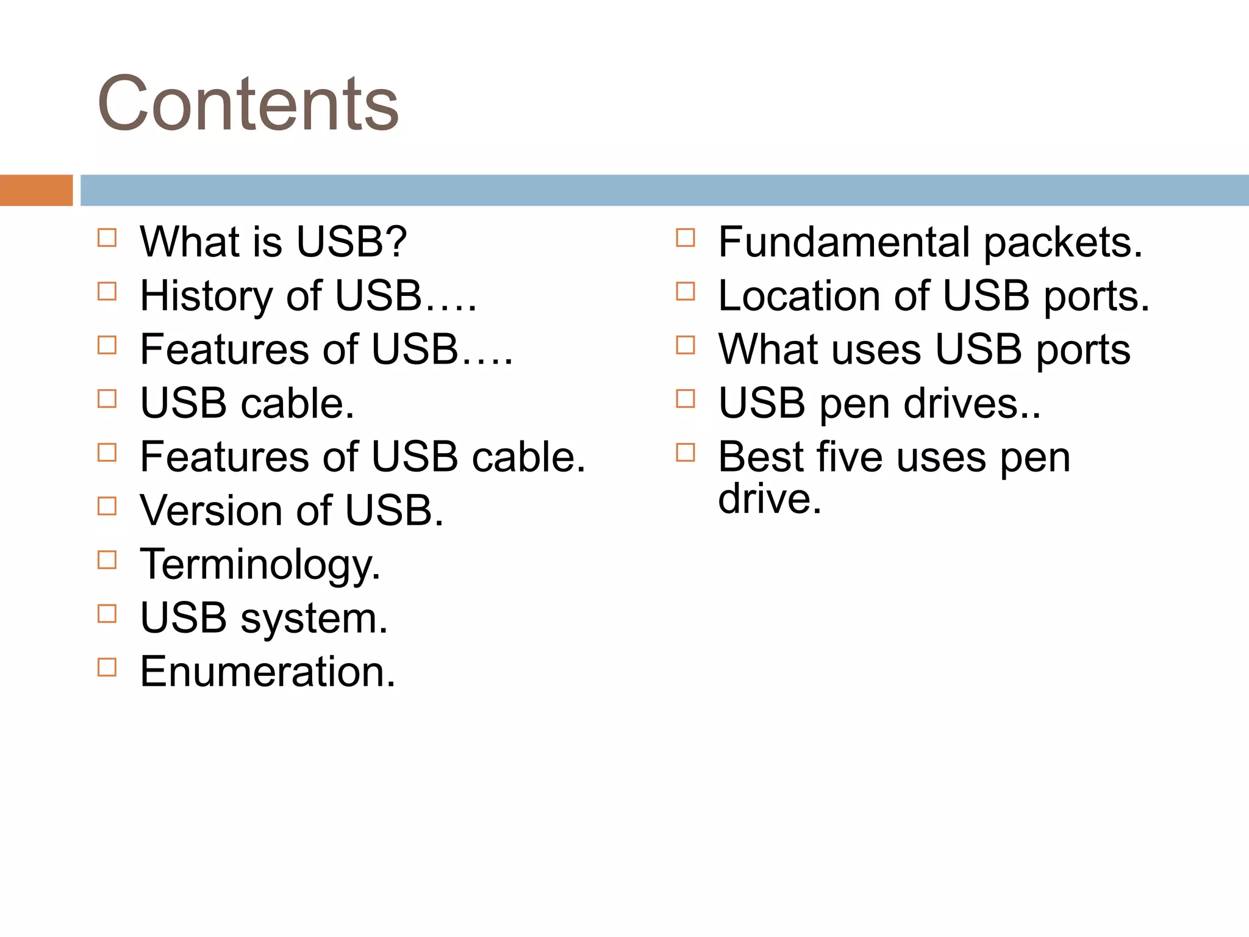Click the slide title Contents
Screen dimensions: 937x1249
pyautogui.click(x=248, y=104)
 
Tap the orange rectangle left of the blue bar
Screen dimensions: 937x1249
pyautogui.click(x=36, y=190)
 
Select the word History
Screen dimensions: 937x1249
pyautogui.click(x=206, y=296)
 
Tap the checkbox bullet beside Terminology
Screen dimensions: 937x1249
pyautogui.click(x=107, y=560)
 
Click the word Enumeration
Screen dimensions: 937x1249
pyautogui.click(x=267, y=672)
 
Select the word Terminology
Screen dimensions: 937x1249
pyautogui.click(x=259, y=565)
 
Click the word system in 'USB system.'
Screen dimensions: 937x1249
pyautogui.click(x=313, y=619)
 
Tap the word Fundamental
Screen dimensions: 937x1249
pyautogui.click(x=844, y=242)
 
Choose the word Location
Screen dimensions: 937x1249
pyautogui.click(x=799, y=296)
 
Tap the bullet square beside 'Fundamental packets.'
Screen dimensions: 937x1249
pyautogui.click(x=685, y=238)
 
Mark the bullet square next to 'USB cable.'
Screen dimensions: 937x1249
pyautogui.click(x=107, y=399)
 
